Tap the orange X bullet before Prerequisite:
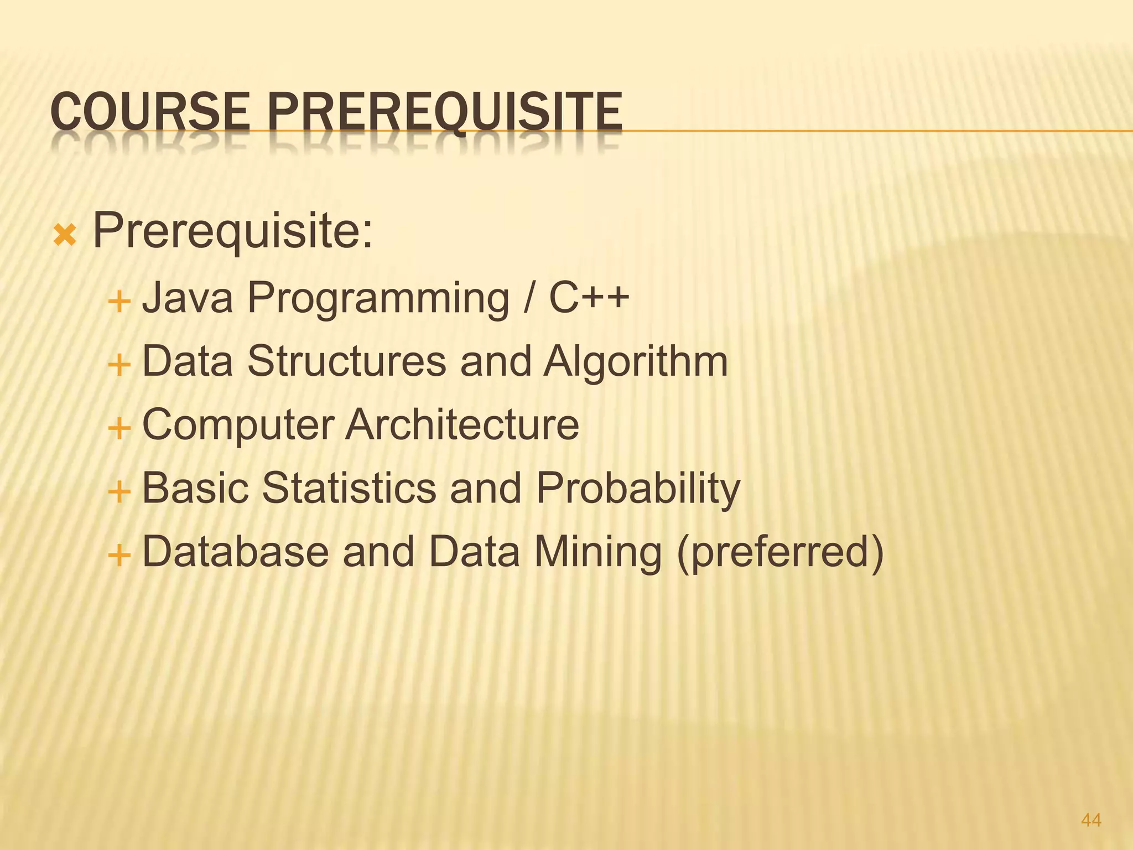(x=65, y=237)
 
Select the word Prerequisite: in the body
(x=233, y=231)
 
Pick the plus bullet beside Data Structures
(x=119, y=366)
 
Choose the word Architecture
(x=462, y=424)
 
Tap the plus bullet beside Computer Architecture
(x=119, y=429)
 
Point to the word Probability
(x=638, y=490)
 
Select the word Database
(x=235, y=552)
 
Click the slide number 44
(x=1091, y=820)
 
